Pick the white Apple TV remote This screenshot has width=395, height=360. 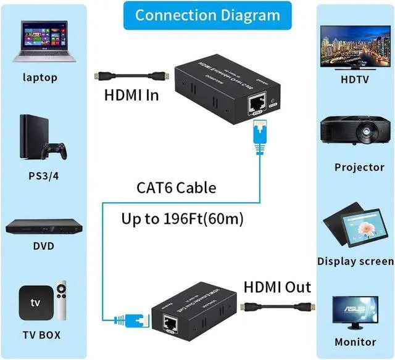pyautogui.click(x=62, y=302)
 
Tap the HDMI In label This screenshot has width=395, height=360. pyautogui.click(x=131, y=96)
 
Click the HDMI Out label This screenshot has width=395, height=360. pyautogui.click(x=277, y=287)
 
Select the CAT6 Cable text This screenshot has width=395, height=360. pyautogui.click(x=176, y=187)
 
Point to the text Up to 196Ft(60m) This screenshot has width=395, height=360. pyautogui.click(x=181, y=219)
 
